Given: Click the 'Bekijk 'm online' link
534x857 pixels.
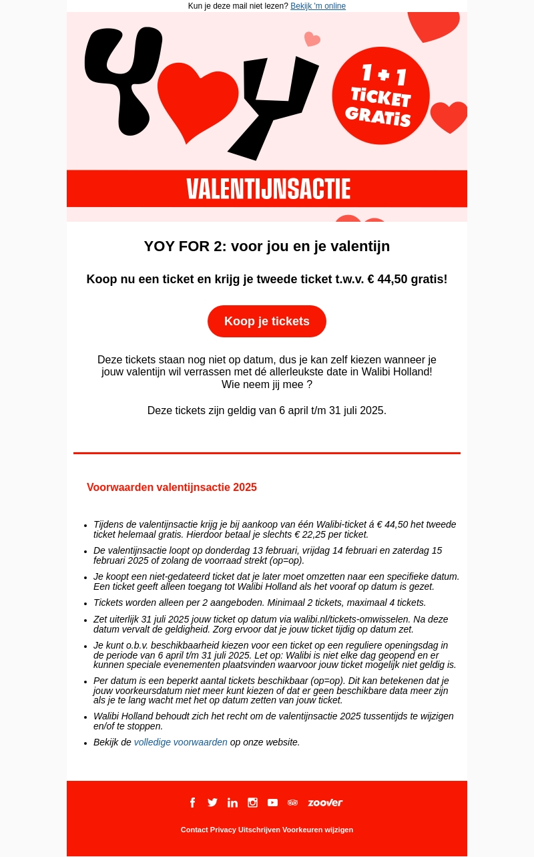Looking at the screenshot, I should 318,6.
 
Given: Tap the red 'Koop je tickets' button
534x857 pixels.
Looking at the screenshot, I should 267,321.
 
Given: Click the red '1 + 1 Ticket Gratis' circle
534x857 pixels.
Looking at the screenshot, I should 380,96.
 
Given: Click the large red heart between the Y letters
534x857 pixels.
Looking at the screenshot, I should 198,100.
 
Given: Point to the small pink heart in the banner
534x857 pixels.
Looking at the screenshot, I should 312,39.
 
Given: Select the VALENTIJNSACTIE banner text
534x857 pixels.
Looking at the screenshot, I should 268,189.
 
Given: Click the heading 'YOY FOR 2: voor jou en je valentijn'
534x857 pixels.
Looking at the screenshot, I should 267,246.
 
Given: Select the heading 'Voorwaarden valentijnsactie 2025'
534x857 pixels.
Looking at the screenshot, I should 172,488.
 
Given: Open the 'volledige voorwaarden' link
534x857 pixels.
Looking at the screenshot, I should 181,742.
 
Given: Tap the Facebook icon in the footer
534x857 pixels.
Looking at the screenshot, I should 192,802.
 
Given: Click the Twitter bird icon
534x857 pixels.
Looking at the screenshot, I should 212,802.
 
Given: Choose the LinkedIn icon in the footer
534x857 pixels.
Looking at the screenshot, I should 232,802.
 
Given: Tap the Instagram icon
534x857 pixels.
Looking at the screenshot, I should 252,802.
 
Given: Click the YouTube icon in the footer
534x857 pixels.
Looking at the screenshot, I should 272,802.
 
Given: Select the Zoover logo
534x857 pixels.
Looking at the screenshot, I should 325,802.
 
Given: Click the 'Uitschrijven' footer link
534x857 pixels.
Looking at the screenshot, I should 259,830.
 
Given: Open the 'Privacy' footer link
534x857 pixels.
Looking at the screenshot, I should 223,830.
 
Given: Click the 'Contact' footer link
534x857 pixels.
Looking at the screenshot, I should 194,830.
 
